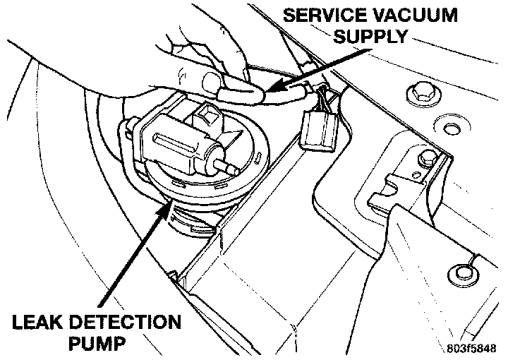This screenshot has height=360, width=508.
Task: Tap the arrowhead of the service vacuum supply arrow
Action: click(272, 89)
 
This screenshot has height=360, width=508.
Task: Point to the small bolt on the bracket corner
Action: click(426, 157)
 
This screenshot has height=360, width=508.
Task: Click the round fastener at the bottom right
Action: click(462, 269)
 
